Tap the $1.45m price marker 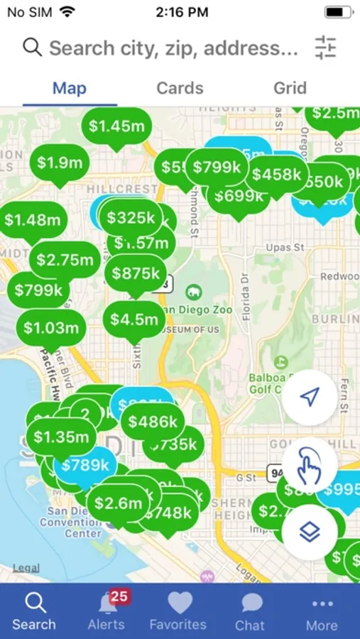click(x=116, y=126)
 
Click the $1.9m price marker click(x=60, y=163)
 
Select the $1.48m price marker click(x=33, y=220)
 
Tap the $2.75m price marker click(x=65, y=260)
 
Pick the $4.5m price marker click(x=134, y=319)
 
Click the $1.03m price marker click(x=51, y=328)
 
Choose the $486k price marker click(x=153, y=422)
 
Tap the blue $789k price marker click(x=85, y=466)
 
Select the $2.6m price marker click(x=119, y=503)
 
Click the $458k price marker click(x=276, y=174)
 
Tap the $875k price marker click(x=136, y=273)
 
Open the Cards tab click(x=180, y=89)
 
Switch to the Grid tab click(x=290, y=89)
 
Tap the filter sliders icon click(x=325, y=48)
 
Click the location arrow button click(x=309, y=397)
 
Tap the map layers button click(x=309, y=532)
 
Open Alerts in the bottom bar click(x=107, y=611)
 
